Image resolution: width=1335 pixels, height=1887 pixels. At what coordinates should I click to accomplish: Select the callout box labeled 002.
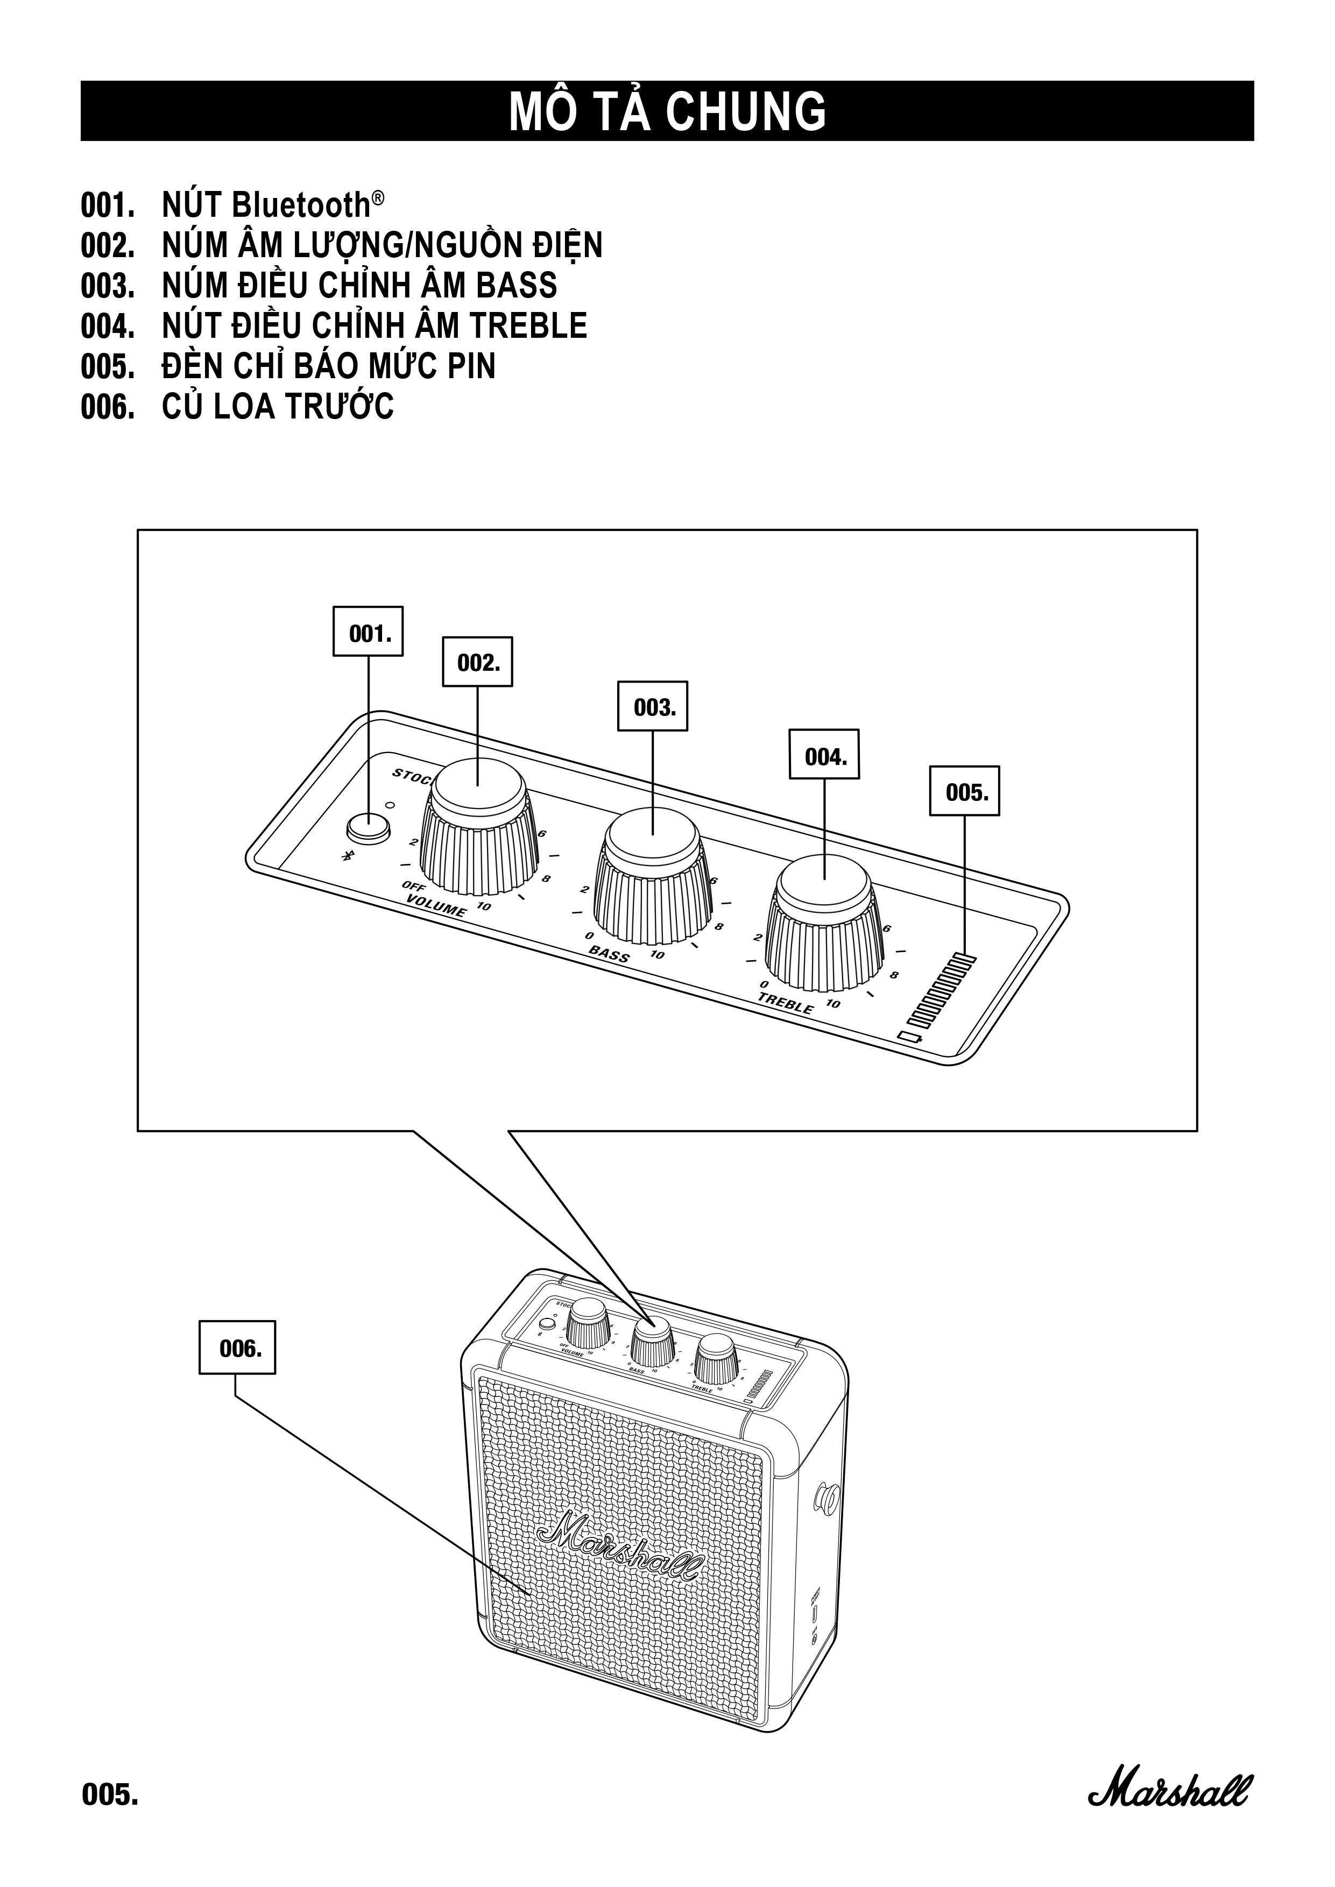(478, 662)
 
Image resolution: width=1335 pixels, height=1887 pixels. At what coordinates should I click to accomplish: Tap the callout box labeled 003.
(653, 707)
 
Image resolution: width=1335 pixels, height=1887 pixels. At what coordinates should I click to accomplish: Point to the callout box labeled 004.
(824, 755)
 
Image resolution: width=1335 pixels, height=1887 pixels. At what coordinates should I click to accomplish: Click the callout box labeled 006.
(238, 1348)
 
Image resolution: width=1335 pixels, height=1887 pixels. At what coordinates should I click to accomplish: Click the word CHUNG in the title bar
(745, 112)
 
